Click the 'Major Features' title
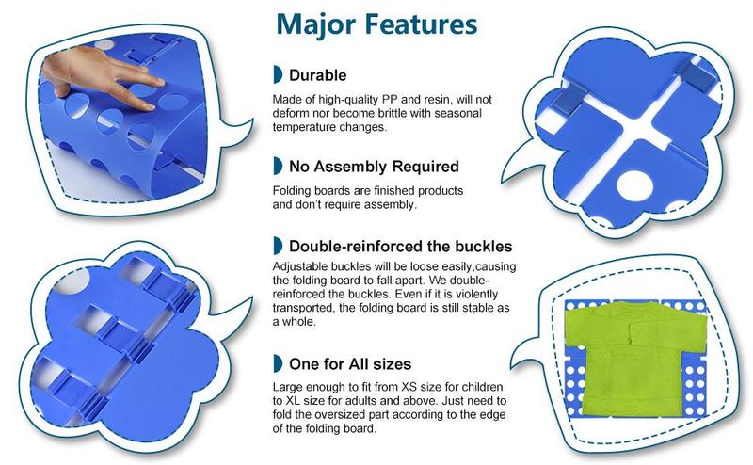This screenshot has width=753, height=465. [x=377, y=24]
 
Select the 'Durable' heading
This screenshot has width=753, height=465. [x=317, y=75]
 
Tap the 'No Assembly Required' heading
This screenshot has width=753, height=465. [x=374, y=167]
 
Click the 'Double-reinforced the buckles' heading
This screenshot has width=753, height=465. [x=401, y=247]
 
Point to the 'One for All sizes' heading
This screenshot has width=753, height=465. [x=350, y=364]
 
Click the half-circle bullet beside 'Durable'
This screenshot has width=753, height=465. [x=278, y=74]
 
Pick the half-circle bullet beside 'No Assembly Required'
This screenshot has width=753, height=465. [x=278, y=166]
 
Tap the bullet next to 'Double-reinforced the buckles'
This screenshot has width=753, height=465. [x=278, y=246]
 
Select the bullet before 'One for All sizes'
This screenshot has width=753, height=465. [x=278, y=363]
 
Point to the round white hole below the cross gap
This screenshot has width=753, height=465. [x=634, y=185]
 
